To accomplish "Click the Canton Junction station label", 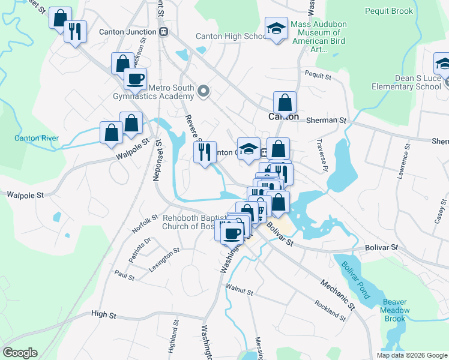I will (x=129, y=31).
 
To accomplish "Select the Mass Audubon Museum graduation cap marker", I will (x=276, y=28).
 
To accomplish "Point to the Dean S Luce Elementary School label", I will (x=406, y=82).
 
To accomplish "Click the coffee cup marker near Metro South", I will (x=135, y=78).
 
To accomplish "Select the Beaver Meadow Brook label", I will (x=396, y=310).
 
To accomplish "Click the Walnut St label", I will (x=240, y=292).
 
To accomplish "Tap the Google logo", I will (x=20, y=353).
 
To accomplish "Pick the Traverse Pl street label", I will (x=321, y=155).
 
